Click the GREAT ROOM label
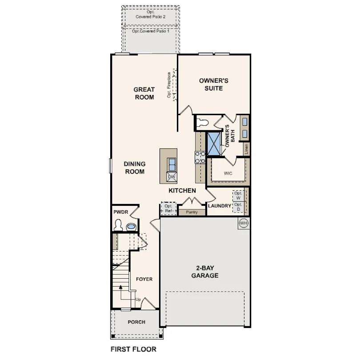click(144, 93)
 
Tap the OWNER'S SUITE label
click(213, 84)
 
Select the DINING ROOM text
click(134, 168)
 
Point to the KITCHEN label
click(182, 191)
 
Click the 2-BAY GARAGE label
click(204, 272)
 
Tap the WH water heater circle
click(243, 223)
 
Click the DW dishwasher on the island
click(171, 177)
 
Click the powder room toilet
click(118, 226)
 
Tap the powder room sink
click(132, 227)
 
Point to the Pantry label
click(192, 212)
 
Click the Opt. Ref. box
click(168, 208)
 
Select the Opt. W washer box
click(238, 196)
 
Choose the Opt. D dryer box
click(238, 207)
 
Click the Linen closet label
click(246, 149)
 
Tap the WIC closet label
click(228, 173)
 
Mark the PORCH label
click(136, 322)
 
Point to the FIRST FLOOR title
click(133, 349)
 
